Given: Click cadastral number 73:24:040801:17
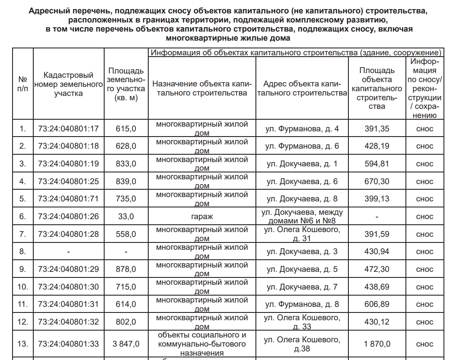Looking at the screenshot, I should click(68, 128).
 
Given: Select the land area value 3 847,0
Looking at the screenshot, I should click(126, 344).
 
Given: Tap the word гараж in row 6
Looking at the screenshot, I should click(202, 217).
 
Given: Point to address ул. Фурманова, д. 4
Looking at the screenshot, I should click(302, 128).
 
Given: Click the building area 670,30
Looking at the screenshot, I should click(377, 181).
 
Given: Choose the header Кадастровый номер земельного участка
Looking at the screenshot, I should click(68, 85).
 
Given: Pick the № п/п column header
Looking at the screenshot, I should click(22, 85).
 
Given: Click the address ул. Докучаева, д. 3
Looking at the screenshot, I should click(302, 252).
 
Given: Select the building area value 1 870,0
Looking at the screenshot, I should click(377, 344).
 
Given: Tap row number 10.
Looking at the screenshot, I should click(22, 287).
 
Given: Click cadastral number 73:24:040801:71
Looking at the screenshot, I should click(68, 199).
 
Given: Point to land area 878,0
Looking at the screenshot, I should click(126, 269).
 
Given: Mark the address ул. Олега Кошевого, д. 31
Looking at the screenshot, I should click(302, 234).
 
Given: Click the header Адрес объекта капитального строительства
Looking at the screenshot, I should click(302, 88).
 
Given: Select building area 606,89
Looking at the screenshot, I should click(377, 304).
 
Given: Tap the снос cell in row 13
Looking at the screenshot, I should click(424, 344).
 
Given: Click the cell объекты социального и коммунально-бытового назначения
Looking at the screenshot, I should click(202, 344).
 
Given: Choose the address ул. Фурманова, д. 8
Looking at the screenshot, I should click(302, 304).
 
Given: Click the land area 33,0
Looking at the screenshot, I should click(126, 217).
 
